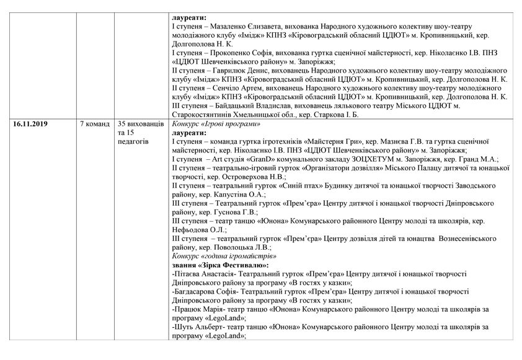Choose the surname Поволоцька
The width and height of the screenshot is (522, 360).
[231, 245]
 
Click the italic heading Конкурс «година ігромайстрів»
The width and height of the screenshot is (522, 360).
[224, 254]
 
